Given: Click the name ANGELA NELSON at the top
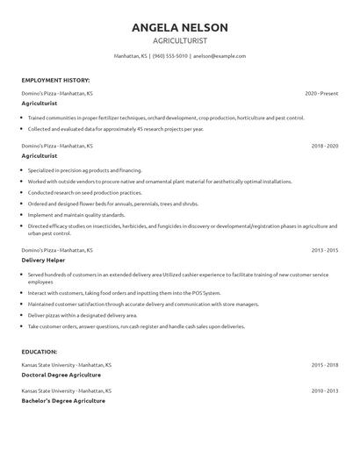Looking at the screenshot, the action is point(179,27).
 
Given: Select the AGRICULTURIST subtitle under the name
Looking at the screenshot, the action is point(179,40).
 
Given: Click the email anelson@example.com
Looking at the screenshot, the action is point(219,55).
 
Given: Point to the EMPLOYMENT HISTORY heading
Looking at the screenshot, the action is point(55,79).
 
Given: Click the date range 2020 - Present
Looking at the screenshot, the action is point(321,93).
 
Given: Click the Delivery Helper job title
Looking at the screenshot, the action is point(45,260).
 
